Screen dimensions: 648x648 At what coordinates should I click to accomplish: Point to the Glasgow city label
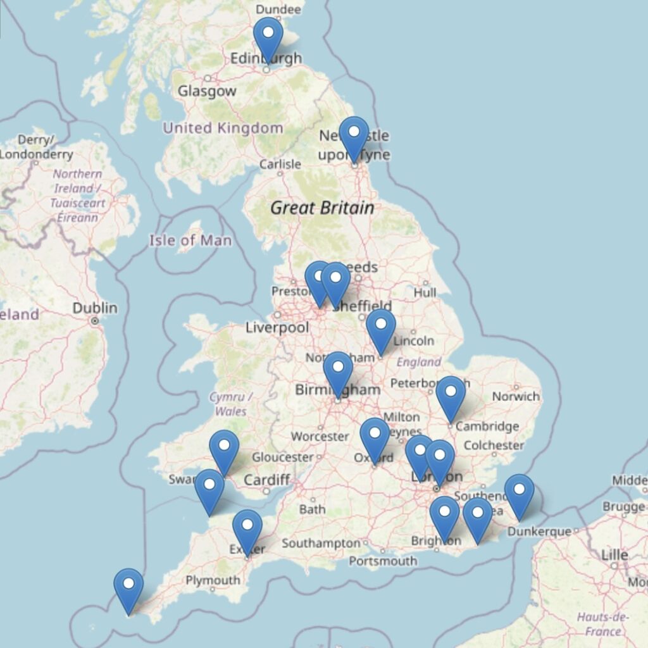pyautogui.click(x=206, y=91)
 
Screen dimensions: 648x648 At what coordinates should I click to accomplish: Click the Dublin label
pyautogui.click(x=95, y=308)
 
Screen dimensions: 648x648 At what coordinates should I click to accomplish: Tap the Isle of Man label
pyautogui.click(x=190, y=240)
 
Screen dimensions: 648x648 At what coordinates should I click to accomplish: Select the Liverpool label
pyautogui.click(x=277, y=328)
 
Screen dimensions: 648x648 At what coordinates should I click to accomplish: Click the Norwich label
pyautogui.click(x=516, y=397)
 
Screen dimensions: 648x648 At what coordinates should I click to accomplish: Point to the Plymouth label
pyautogui.click(x=213, y=580)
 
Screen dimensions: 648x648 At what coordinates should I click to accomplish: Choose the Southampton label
pyautogui.click(x=320, y=543)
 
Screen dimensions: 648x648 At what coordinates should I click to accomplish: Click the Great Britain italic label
pyautogui.click(x=322, y=208)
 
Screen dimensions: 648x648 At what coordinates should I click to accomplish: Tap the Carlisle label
pyautogui.click(x=280, y=165)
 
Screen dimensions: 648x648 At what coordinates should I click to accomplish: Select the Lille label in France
pyautogui.click(x=614, y=555)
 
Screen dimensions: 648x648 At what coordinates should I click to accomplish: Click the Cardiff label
pyautogui.click(x=266, y=480)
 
